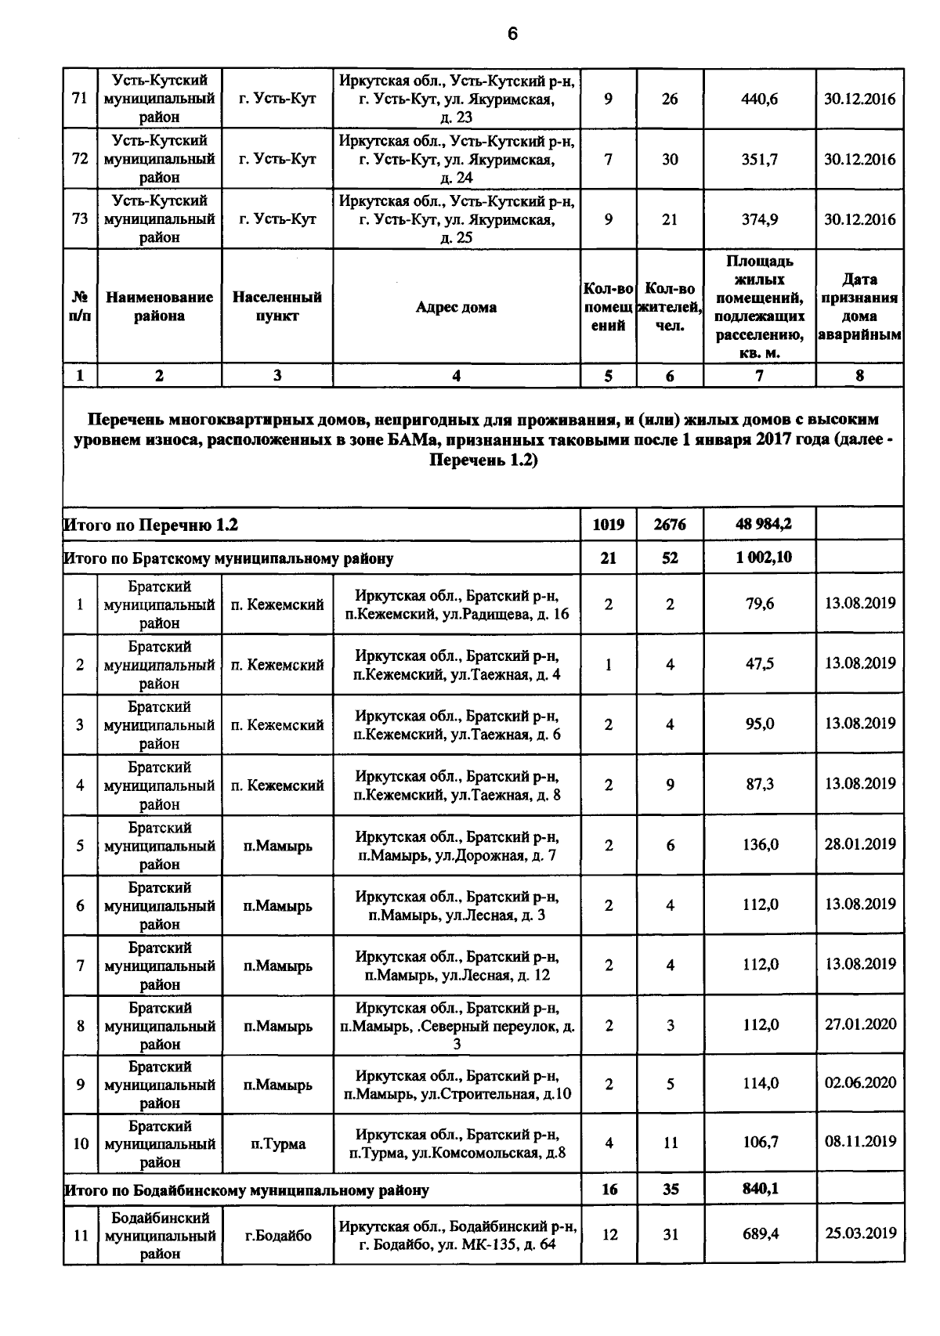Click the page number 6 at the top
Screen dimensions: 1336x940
[512, 34]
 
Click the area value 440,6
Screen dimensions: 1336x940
[759, 99]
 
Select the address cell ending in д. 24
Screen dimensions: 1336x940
[457, 159]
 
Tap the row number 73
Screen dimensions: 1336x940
[80, 219]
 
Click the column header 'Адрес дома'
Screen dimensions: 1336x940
[456, 307]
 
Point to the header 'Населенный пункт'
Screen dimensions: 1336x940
[277, 307]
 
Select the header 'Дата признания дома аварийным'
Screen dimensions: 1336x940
[859, 307]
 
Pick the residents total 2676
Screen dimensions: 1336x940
[670, 525]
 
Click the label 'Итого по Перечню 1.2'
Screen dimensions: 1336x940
[150, 525]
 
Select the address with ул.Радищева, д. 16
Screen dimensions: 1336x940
[457, 605]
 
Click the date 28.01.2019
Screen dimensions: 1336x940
[860, 844]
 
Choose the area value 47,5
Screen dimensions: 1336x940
[759, 664]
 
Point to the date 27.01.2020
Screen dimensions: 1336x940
[860, 1024]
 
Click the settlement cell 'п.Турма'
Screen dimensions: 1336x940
[278, 1144]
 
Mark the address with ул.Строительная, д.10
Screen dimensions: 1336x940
[457, 1085]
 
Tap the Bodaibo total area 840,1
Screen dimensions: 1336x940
[760, 1189]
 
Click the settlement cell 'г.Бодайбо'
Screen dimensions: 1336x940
[278, 1236]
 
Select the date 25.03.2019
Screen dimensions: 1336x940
[860, 1233]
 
